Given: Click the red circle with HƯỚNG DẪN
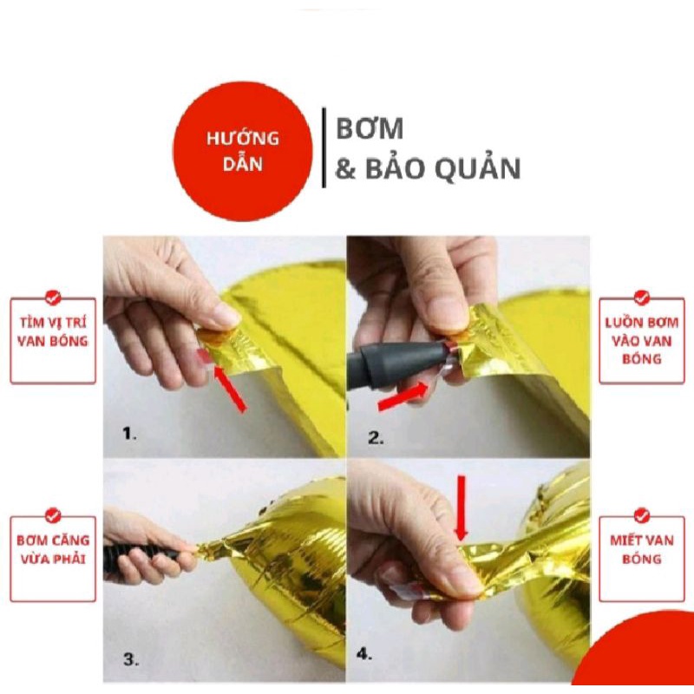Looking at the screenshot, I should (242, 151).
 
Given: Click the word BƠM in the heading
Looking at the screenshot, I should (370, 128).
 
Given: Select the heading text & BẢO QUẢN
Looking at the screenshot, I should (428, 168).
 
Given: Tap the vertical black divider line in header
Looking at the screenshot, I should (324, 147).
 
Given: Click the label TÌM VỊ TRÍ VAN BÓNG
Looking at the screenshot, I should (53, 332).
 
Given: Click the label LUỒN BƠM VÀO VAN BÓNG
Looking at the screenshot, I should (641, 340).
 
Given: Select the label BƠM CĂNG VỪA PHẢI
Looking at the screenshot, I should (53, 550).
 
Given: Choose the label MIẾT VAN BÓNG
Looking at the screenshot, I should (641, 550).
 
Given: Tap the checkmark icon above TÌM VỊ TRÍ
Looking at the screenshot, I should (53, 298).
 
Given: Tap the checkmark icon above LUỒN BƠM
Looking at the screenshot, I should (641, 298).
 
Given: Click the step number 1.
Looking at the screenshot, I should (129, 435).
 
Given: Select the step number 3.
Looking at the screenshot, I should (130, 660).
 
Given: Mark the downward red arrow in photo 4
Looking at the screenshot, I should (461, 507).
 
